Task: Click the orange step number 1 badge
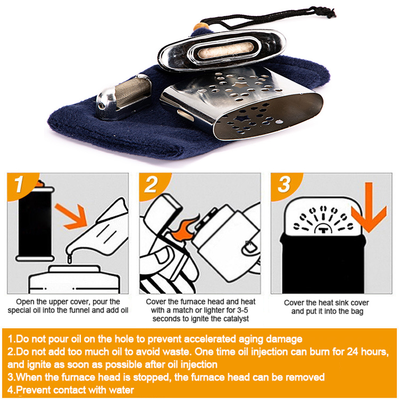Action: (x=20, y=185)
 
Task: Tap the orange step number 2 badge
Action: (x=153, y=185)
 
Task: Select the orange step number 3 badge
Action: (x=284, y=185)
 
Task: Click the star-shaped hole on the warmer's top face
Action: (x=239, y=85)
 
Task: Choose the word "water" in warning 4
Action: (x=121, y=390)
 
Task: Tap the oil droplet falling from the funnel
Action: (x=69, y=259)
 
